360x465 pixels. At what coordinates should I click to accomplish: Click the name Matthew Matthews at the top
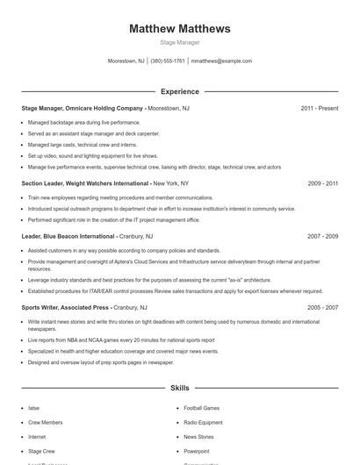(x=180, y=29)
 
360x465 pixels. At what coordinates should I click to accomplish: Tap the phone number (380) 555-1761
(x=168, y=61)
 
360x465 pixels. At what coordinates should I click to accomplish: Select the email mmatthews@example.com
(x=221, y=61)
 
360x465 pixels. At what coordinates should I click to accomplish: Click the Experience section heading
(x=180, y=91)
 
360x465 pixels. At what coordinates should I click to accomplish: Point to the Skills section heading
(x=180, y=387)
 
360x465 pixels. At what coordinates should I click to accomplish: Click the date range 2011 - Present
(x=319, y=108)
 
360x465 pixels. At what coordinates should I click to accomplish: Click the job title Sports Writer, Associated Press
(x=65, y=308)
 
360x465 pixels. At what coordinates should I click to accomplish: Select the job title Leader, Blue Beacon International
(x=68, y=236)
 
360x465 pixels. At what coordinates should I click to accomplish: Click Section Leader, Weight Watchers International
(x=85, y=183)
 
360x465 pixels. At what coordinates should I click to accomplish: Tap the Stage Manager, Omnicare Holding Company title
(x=82, y=108)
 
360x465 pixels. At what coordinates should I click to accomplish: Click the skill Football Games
(x=201, y=408)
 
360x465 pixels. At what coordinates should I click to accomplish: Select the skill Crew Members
(x=45, y=422)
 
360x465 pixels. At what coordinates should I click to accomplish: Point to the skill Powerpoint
(x=197, y=450)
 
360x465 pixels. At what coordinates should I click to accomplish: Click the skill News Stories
(x=198, y=436)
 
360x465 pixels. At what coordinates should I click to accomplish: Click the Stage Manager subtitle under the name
(x=180, y=42)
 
